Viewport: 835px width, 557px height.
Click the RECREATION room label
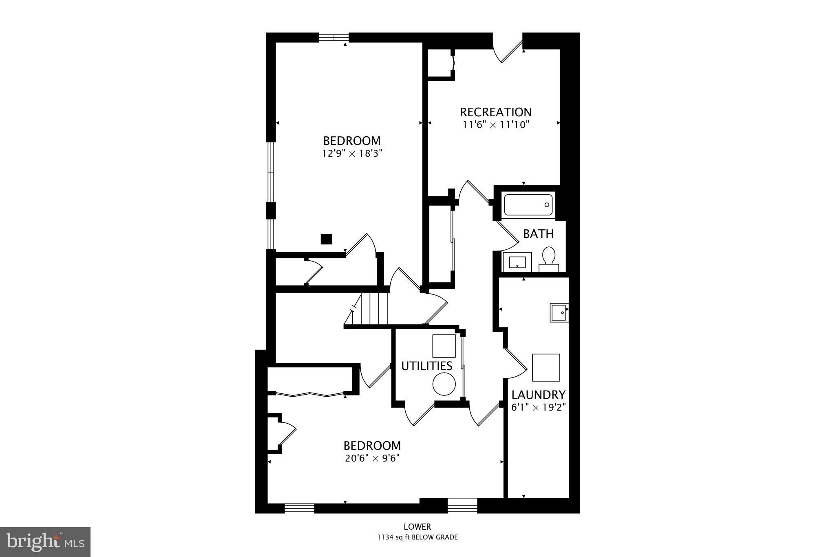pos(495,112)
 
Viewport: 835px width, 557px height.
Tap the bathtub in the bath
pos(528,205)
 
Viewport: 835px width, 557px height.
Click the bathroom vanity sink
pos(517,262)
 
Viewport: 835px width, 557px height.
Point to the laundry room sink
pos(559,313)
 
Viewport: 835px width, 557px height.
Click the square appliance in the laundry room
pos(546,367)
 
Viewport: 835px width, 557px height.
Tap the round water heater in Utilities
pos(444,384)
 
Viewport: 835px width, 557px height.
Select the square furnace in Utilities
pos(444,346)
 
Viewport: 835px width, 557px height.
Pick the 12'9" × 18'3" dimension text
pos(352,153)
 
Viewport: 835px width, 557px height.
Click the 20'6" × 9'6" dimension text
pos(372,458)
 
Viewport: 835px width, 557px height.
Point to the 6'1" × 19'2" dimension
pos(538,407)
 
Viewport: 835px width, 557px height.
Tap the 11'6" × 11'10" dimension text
pos(495,124)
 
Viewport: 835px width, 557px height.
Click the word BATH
pos(538,234)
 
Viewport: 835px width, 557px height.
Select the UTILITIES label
pos(426,366)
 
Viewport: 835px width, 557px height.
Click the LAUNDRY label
pos(538,395)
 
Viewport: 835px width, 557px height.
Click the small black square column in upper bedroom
pos(326,239)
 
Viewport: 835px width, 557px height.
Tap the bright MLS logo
pos(45,542)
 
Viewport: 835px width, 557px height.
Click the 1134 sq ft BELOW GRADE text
pos(417,537)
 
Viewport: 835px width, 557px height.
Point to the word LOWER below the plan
pos(417,527)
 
